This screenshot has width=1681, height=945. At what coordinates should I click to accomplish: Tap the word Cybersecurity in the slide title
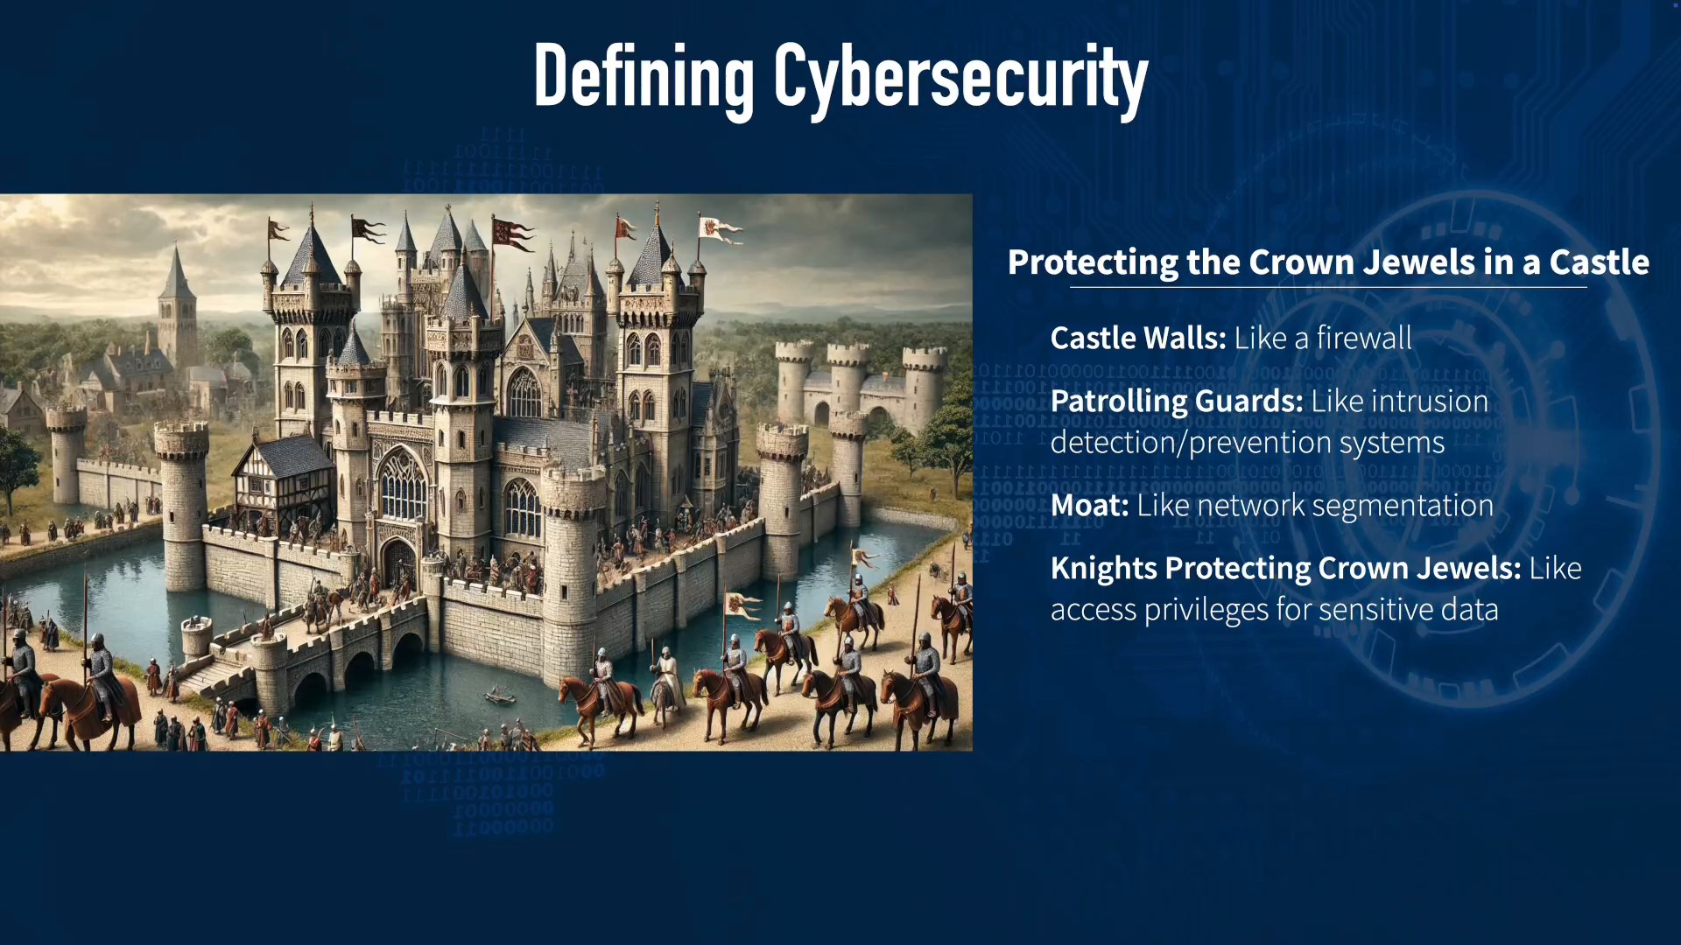pyautogui.click(x=960, y=79)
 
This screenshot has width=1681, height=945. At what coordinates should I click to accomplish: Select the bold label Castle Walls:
pyautogui.click(x=1138, y=338)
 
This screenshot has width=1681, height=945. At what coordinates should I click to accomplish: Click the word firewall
pyautogui.click(x=1364, y=338)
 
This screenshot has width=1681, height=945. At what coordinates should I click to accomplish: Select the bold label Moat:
pyautogui.click(x=1089, y=505)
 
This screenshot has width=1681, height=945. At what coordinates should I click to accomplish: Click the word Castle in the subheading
pyautogui.click(x=1599, y=262)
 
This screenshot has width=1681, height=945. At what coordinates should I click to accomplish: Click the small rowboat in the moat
pyautogui.click(x=499, y=697)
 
